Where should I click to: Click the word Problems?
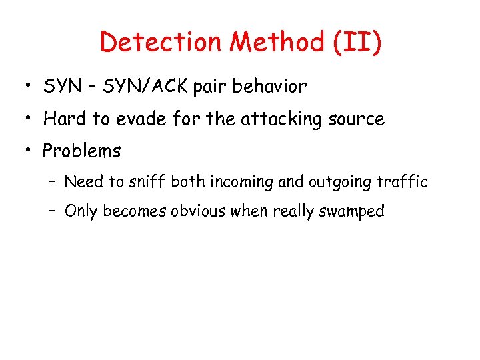[x=82, y=151]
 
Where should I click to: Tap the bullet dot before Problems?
[x=26, y=151]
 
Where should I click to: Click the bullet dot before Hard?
[x=26, y=119]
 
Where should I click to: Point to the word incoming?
[x=236, y=181]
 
